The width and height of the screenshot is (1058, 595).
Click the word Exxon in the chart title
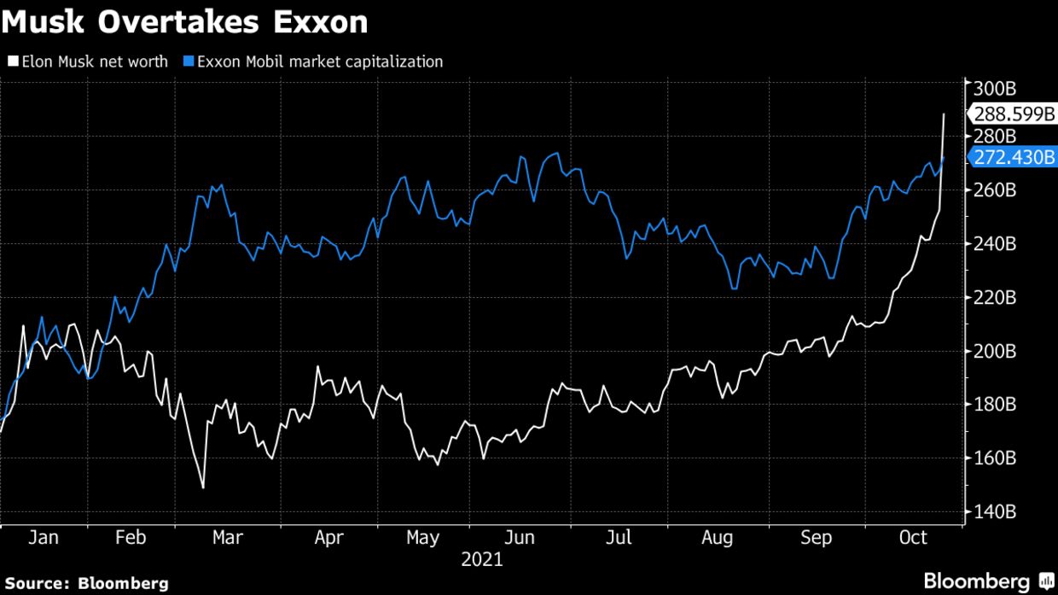(321, 23)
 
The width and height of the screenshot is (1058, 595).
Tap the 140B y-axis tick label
(993, 511)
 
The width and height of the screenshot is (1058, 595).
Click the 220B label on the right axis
(993, 298)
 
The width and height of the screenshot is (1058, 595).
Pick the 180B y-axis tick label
(993, 405)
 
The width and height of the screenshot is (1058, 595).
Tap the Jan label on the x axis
(43, 538)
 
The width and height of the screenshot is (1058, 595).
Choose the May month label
(422, 538)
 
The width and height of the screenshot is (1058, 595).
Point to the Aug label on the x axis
(717, 538)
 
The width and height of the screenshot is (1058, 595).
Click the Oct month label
(913, 538)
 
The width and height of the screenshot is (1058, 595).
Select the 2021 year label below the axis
(482, 561)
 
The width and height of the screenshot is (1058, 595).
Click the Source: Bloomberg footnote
(85, 584)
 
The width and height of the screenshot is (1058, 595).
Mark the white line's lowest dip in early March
(203, 487)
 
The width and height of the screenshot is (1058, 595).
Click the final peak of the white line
(944, 114)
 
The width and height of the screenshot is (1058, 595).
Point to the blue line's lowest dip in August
(734, 289)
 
